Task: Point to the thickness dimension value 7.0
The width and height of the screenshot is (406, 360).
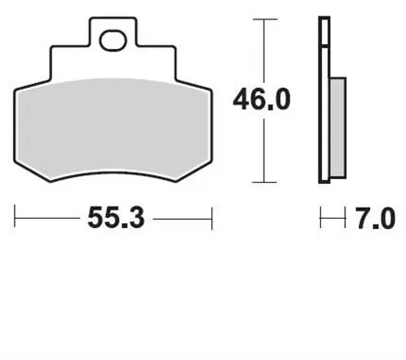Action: point(376,220)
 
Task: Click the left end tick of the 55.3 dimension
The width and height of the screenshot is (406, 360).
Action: point(16,219)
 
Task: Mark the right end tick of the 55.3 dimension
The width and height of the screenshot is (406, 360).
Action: point(212,219)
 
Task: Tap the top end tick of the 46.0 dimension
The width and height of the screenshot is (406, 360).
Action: point(265,18)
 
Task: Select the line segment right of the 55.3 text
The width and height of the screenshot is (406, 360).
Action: point(183,219)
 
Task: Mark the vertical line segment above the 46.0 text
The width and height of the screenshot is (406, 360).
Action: point(265,51)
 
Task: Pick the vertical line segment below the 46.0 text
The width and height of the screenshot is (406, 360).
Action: point(265,148)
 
